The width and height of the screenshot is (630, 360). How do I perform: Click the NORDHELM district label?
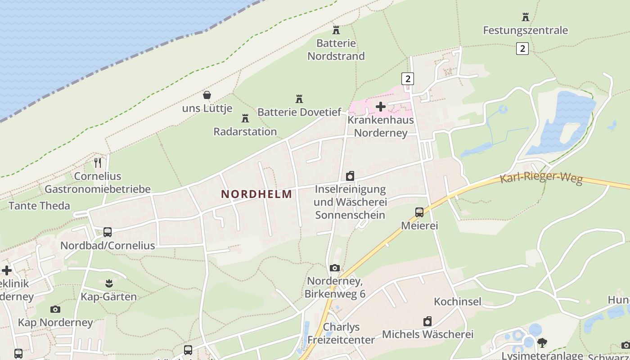click(x=256, y=194)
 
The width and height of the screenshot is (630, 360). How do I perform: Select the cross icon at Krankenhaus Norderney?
click(x=381, y=107)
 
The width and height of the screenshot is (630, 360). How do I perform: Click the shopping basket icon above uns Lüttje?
click(x=207, y=95)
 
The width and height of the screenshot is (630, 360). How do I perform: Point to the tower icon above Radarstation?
click(x=245, y=118)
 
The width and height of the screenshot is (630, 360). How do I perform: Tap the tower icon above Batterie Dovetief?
click(x=299, y=99)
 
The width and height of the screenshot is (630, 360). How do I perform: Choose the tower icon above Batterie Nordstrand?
click(x=336, y=30)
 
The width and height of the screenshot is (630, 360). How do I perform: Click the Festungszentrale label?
click(x=525, y=31)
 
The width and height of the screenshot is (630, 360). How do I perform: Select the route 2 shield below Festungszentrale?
click(x=522, y=48)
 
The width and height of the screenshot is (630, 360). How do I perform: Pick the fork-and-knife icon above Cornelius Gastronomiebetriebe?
click(x=98, y=162)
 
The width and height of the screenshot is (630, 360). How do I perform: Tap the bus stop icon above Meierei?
click(x=419, y=212)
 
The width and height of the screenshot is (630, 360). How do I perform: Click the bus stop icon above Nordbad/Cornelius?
click(x=108, y=232)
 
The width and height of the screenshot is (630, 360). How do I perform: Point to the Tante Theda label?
click(x=40, y=206)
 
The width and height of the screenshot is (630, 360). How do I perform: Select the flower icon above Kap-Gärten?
click(x=108, y=283)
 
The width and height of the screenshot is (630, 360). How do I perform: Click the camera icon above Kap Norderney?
click(x=55, y=309)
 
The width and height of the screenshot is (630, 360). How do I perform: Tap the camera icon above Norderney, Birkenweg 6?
click(x=335, y=268)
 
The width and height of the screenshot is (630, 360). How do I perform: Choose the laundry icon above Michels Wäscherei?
click(x=427, y=321)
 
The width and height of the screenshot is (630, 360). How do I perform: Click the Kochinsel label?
click(x=458, y=301)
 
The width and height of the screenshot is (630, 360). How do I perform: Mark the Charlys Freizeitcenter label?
click(x=341, y=333)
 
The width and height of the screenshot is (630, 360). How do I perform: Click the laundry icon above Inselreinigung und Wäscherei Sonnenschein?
click(x=350, y=175)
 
